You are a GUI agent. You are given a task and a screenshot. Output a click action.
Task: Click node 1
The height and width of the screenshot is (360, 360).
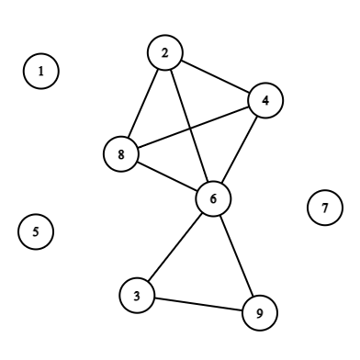click(x=40, y=71)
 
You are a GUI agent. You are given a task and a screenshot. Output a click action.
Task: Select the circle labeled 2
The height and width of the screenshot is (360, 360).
click(x=165, y=53)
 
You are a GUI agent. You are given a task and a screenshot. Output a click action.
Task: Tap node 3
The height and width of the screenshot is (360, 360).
click(x=136, y=295)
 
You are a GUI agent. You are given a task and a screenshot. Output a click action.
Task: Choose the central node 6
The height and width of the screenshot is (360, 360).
click(x=213, y=198)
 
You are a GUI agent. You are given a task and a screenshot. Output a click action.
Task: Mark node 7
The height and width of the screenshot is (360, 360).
click(x=324, y=208)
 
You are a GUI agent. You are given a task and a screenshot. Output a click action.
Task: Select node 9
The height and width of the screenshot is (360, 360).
click(x=259, y=313)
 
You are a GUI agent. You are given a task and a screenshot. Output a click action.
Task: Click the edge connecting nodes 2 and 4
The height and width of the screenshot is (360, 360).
click(x=215, y=77)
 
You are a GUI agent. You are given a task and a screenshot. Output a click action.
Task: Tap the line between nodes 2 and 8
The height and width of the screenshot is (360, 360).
click(x=143, y=104)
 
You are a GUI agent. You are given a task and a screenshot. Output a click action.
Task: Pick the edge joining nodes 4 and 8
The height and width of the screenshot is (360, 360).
click(x=193, y=128)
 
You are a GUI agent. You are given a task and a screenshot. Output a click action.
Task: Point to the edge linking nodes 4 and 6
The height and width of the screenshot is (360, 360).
click(x=239, y=150)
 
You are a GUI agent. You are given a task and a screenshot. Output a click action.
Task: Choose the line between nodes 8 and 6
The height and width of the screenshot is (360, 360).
click(x=167, y=176)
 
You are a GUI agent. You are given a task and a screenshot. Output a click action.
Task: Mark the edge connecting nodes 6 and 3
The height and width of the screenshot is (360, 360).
click(x=174, y=246)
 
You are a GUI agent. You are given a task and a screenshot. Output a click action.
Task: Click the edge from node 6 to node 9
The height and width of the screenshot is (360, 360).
click(x=236, y=256)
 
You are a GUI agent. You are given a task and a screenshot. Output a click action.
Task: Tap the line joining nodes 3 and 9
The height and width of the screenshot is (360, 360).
click(x=197, y=304)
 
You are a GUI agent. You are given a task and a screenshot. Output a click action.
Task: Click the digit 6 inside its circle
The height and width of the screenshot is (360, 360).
click(x=213, y=198)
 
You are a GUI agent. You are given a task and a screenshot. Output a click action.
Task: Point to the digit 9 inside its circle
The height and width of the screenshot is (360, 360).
click(x=259, y=313)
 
